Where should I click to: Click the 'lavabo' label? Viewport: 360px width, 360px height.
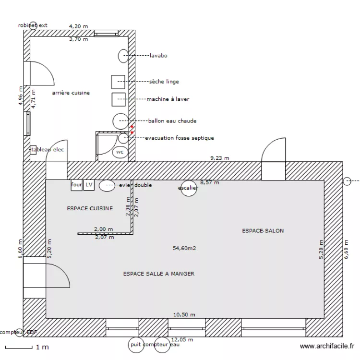click(x=158, y=56)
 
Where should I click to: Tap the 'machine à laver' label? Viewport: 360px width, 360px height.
click(x=168, y=99)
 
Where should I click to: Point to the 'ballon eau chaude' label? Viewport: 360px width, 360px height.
click(x=172, y=120)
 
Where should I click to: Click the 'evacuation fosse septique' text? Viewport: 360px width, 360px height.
click(x=179, y=138)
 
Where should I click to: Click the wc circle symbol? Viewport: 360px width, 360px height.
click(x=120, y=152)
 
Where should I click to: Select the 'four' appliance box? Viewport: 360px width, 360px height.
click(x=76, y=185)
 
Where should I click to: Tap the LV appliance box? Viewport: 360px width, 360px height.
click(x=89, y=185)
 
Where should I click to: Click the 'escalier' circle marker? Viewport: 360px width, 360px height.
click(x=188, y=188)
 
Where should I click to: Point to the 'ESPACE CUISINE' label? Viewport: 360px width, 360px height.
click(x=90, y=208)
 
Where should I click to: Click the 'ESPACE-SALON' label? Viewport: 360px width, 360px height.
click(x=263, y=231)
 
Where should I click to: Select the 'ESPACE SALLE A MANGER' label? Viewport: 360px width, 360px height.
click(x=158, y=274)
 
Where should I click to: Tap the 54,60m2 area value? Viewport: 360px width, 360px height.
click(x=185, y=248)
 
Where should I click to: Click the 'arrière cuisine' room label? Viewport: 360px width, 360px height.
click(x=71, y=93)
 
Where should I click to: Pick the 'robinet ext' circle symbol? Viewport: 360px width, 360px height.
click(x=33, y=25)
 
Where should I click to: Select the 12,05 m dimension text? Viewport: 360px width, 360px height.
click(x=182, y=339)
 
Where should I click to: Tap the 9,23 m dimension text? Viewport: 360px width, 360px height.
click(x=220, y=157)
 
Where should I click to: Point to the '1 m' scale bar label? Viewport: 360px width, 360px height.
click(x=42, y=347)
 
